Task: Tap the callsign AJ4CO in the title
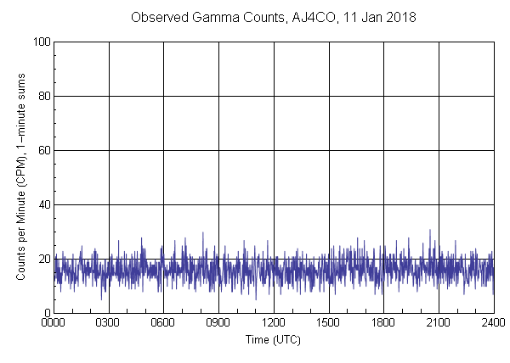(302, 17)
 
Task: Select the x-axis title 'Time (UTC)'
(273, 339)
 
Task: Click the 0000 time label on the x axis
(54, 323)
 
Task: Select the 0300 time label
(109, 323)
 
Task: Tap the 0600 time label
(163, 323)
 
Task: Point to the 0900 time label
(218, 323)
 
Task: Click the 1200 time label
(274, 323)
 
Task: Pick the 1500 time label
(328, 323)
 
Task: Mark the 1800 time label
(383, 323)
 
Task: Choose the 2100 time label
(439, 323)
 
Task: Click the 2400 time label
(493, 323)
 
